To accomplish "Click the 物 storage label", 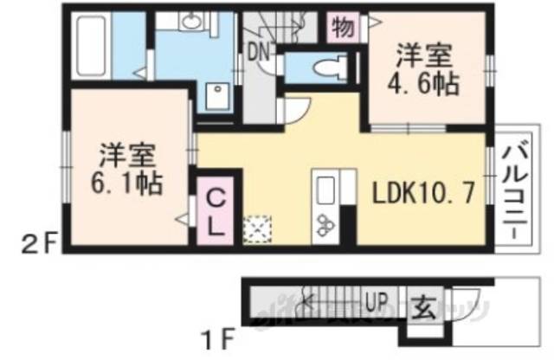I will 343,29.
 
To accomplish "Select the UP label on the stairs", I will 375,302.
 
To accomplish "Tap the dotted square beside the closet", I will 258,229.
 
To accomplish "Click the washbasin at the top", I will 192,23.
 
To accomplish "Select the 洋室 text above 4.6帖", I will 423,56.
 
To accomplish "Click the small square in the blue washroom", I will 217,94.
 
